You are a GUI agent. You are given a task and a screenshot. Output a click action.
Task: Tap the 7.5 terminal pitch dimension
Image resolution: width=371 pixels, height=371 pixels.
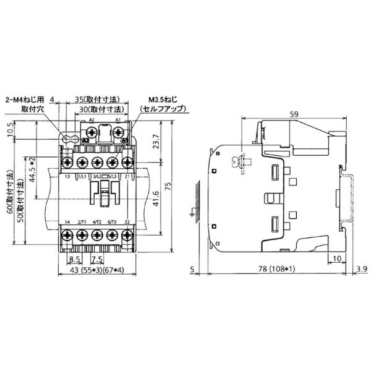97,260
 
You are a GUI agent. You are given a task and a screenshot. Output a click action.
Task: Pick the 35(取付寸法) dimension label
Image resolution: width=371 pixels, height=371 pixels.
97,99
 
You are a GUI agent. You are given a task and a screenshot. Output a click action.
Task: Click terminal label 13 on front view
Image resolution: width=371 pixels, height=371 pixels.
67,177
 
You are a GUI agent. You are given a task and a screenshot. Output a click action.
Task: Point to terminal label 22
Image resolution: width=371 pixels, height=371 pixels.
127,221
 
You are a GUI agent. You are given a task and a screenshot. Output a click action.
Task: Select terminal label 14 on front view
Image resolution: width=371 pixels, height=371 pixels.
67,221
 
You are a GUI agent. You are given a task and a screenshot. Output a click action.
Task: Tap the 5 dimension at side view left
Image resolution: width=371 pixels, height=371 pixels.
194,269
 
